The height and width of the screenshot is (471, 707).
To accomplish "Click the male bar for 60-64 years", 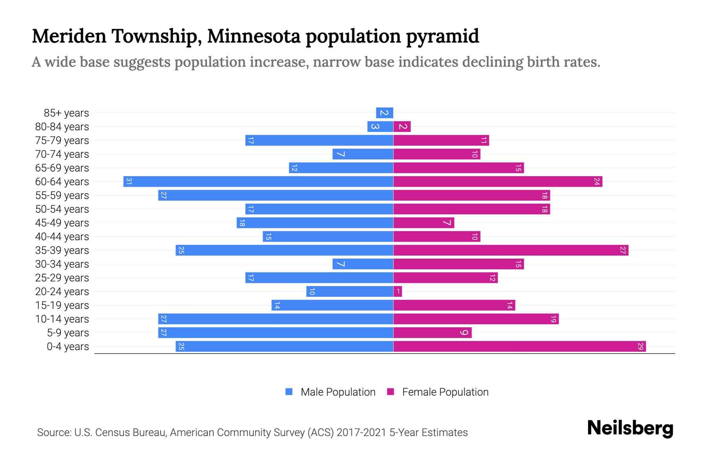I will point(258,182).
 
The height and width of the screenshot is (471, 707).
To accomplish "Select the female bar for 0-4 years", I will point(519,347).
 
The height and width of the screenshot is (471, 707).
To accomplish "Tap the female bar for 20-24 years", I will point(397,292).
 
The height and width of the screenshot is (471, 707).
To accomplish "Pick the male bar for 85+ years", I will point(385,113).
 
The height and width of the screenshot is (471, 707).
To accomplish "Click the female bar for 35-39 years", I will point(511,250).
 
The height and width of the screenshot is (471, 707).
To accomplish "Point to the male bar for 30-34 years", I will point(363,264).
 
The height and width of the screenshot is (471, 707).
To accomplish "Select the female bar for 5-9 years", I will point(432,333).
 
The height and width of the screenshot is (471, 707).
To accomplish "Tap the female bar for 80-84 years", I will point(402,127).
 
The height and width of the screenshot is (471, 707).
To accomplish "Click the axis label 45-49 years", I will point(62,223).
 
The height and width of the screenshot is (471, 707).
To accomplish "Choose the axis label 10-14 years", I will point(62,319).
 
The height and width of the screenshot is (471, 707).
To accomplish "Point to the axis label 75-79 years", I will point(62,141).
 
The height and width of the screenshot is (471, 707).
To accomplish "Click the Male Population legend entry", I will point(337,392).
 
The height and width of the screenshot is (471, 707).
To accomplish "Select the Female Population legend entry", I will point(445,392).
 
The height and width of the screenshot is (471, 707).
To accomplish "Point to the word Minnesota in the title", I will point(255,36).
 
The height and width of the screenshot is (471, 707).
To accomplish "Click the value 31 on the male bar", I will point(128,182).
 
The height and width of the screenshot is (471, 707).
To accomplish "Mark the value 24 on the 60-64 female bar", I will point(597,182).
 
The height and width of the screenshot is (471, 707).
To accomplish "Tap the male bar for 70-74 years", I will point(363,154).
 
